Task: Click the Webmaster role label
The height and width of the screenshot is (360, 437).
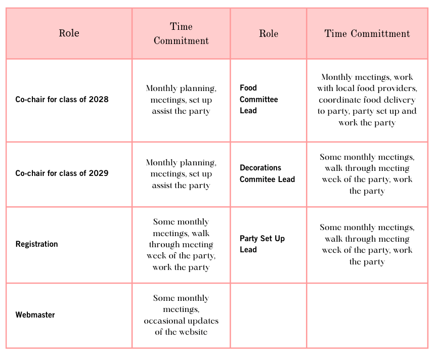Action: [35, 315]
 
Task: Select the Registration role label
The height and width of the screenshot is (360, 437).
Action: [36, 244]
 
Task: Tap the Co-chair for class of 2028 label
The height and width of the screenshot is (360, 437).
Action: [62, 100]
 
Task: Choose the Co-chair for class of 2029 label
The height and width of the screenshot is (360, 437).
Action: [62, 173]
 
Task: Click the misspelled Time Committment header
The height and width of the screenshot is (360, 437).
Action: [367, 34]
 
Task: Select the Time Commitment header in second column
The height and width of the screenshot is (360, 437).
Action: [181, 34]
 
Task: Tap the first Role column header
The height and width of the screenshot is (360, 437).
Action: [69, 34]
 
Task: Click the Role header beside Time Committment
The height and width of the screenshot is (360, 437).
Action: [269, 34]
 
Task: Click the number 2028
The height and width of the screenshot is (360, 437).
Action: [98, 100]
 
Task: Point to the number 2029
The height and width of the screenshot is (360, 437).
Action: [98, 173]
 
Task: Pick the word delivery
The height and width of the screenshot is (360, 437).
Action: [400, 100]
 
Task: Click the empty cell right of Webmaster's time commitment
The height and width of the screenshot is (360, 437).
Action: [268, 316]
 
